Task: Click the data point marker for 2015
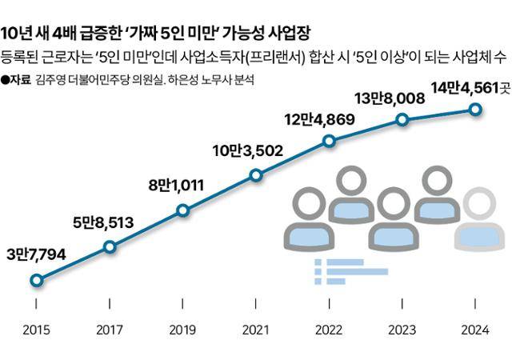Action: (x=36, y=280)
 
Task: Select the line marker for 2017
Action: (x=110, y=247)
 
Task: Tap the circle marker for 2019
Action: (x=183, y=211)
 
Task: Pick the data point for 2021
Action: (x=256, y=175)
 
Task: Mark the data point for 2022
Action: (x=330, y=142)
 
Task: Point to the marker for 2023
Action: (x=402, y=120)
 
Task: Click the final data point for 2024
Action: (x=475, y=109)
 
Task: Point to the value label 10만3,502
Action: (x=245, y=150)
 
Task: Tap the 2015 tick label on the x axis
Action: (x=36, y=329)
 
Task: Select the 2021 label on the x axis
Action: (x=256, y=329)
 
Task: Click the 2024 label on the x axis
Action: (x=475, y=329)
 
